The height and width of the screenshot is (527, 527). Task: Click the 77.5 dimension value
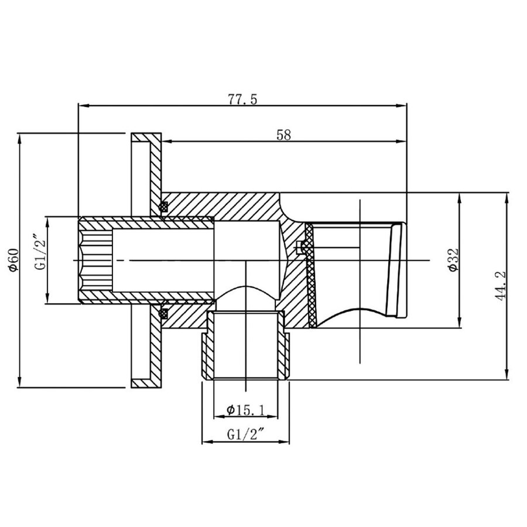pyautogui.click(x=242, y=99)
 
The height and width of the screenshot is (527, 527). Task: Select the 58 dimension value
pyautogui.click(x=283, y=134)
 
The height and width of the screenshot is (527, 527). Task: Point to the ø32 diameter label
pyautogui.click(x=451, y=259)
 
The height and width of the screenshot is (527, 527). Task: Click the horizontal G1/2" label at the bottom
pyautogui.click(x=245, y=434)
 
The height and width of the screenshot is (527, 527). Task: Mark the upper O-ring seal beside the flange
pyautogui.click(x=165, y=207)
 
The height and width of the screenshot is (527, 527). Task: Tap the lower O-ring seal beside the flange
pyautogui.click(x=165, y=312)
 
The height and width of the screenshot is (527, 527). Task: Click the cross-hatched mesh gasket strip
pyautogui.click(x=310, y=275)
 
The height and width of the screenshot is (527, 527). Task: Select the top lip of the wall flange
pyautogui.click(x=146, y=138)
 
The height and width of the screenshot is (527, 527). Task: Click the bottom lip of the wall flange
pyautogui.click(x=146, y=384)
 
